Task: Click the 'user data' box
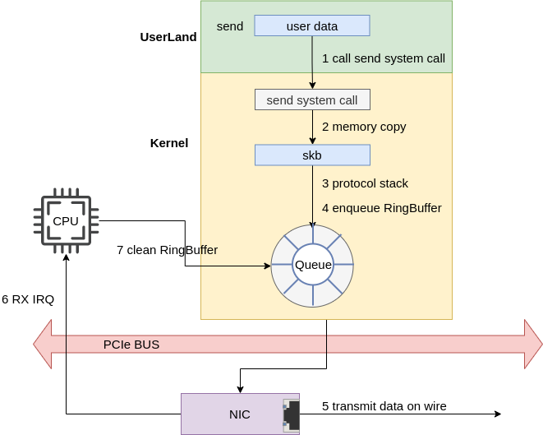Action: coord(312,25)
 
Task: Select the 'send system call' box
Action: coord(312,99)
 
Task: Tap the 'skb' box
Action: coord(312,155)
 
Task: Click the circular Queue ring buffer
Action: coord(312,265)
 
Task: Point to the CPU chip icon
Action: coord(66,220)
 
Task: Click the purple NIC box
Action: coord(240,414)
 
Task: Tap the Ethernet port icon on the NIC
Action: coord(291,414)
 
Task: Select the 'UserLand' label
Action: coord(168,37)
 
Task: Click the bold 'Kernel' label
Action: coord(169,142)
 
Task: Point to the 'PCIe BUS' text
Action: coord(131,344)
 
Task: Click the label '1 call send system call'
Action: coord(384,58)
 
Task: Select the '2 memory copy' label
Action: coord(364,127)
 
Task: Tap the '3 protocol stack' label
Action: coord(365,183)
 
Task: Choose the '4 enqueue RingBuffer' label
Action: coord(381,208)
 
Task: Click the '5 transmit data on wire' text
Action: coord(384,405)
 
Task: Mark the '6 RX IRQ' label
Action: coord(28,298)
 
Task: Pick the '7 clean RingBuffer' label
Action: coord(167,249)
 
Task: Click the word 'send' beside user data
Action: coord(230,25)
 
